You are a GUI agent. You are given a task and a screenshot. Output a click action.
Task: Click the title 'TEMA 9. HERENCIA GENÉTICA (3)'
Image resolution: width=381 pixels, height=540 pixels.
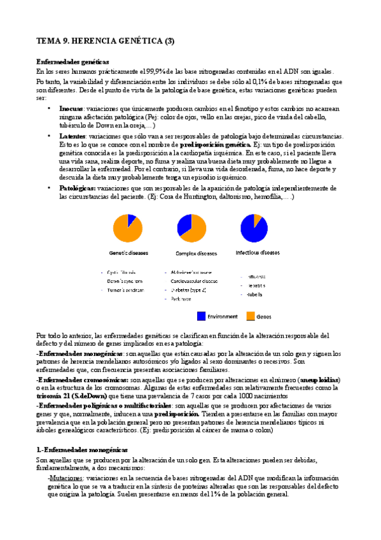pyautogui.click(x=105, y=42)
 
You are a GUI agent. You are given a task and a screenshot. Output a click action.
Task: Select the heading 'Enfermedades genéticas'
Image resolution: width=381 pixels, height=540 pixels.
pyautogui.click(x=67, y=62)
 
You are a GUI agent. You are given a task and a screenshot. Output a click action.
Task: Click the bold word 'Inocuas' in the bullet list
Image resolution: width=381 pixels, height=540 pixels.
pyautogui.click(x=71, y=109)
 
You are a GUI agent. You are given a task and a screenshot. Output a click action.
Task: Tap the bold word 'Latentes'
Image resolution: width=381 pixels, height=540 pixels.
pyautogui.click(x=72, y=136)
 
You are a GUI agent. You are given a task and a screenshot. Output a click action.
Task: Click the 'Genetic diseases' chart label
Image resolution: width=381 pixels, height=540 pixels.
pyautogui.click(x=128, y=253)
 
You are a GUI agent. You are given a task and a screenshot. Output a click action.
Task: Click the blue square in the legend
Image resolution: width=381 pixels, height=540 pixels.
pyautogui.click(x=201, y=315)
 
